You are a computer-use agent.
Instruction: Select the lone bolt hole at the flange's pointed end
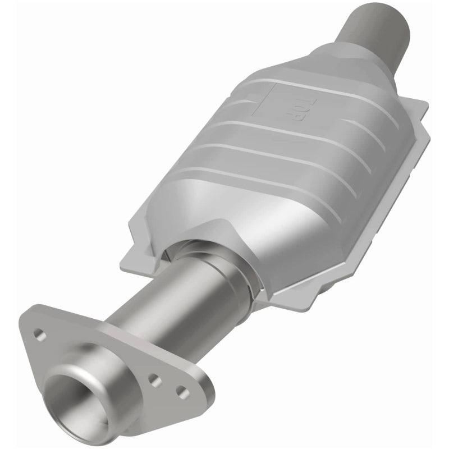click(39, 335)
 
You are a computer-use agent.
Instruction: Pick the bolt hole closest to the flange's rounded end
click(181, 390)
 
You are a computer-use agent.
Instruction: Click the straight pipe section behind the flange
click(152, 314)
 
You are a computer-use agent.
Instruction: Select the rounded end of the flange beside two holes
click(202, 393)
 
